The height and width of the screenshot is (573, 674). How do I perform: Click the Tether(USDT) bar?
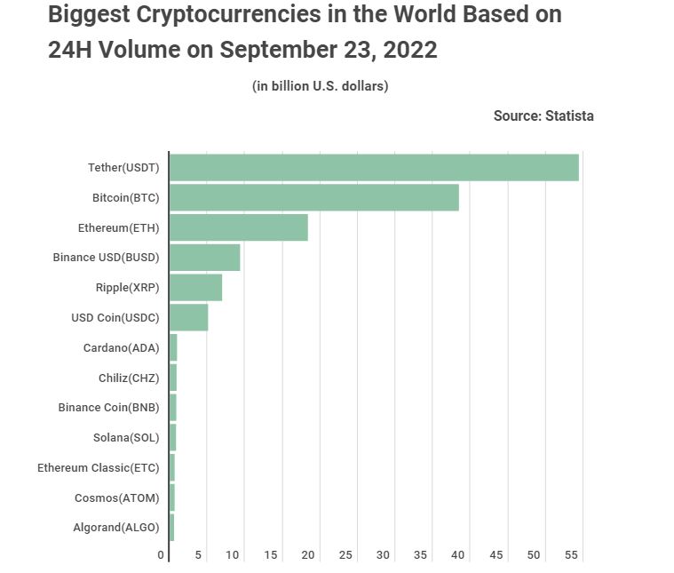point(373,167)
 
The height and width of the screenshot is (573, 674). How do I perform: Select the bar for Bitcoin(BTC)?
point(313,197)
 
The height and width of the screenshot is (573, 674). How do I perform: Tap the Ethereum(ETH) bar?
point(238,227)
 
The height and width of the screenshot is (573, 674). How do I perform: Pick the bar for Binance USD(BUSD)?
point(204,258)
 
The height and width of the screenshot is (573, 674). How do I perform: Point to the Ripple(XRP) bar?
point(195,288)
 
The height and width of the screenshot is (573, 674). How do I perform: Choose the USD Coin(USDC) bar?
point(188,317)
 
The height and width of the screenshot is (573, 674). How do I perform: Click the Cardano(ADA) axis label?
point(121,347)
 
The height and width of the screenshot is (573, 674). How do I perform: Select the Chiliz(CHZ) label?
point(129,378)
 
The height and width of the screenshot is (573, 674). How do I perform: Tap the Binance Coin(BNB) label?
point(108,408)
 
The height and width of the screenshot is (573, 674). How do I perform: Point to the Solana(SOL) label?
point(126,437)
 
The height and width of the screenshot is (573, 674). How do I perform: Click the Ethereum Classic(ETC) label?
point(98,467)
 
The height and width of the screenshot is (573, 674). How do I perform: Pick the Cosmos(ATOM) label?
point(116,497)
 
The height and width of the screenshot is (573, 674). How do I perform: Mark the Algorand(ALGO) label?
point(115,528)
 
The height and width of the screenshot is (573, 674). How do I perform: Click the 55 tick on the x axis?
point(571,555)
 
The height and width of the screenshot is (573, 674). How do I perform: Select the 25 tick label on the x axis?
point(346,555)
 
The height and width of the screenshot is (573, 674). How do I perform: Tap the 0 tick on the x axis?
point(162,555)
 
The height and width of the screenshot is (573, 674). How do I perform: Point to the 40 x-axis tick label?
point(459,555)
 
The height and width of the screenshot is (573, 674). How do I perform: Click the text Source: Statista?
point(543,115)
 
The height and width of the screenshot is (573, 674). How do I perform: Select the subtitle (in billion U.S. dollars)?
point(321,86)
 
